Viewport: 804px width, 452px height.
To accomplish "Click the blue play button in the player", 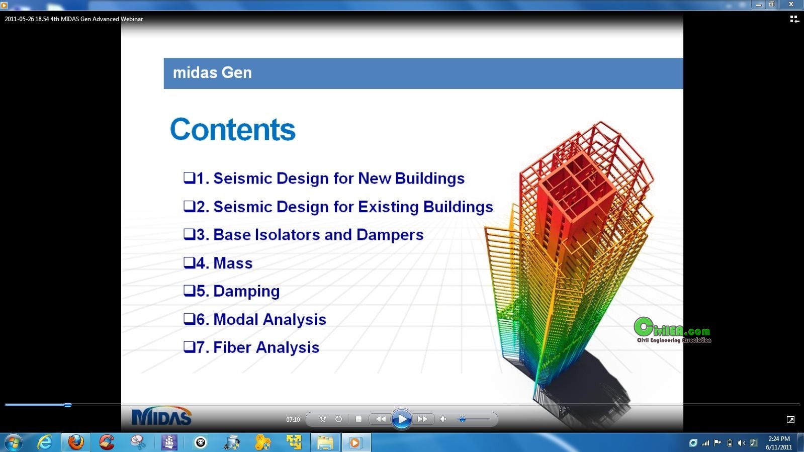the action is pyautogui.click(x=401, y=419).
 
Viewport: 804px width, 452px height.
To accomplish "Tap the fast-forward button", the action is pyautogui.click(x=422, y=419).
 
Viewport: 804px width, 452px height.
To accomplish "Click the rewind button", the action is pyautogui.click(x=381, y=419).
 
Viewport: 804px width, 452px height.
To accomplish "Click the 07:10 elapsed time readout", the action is pyautogui.click(x=293, y=419).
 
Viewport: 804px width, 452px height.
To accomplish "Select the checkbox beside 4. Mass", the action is pyautogui.click(x=189, y=262).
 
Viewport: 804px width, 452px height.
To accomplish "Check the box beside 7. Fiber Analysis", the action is pyautogui.click(x=189, y=347).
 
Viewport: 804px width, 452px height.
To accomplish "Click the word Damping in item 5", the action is pyautogui.click(x=246, y=291).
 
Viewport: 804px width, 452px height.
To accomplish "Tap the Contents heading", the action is pyautogui.click(x=233, y=129).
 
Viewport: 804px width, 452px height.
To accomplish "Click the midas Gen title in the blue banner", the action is pyautogui.click(x=212, y=72).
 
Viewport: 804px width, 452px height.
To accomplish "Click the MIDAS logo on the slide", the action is pyautogui.click(x=162, y=416).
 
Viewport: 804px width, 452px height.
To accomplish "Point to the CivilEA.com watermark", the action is pyautogui.click(x=672, y=330).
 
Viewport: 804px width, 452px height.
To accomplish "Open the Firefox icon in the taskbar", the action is pyautogui.click(x=76, y=442).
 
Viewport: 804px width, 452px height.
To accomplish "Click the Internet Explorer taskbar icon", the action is pyautogui.click(x=45, y=442).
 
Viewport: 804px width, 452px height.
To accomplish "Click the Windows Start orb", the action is pyautogui.click(x=14, y=442).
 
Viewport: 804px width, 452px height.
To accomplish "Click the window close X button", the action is pyautogui.click(x=791, y=5).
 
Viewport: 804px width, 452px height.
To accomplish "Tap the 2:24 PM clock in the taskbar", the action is pyautogui.click(x=779, y=439).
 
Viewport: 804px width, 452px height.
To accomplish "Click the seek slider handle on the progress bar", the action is pyautogui.click(x=68, y=405).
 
